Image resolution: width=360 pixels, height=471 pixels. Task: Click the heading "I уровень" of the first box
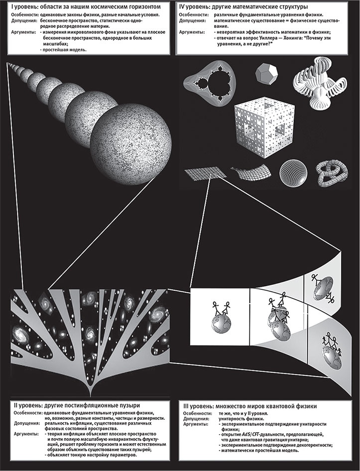[x=24, y=6]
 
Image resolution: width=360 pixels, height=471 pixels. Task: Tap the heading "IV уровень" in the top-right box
[x=194, y=6]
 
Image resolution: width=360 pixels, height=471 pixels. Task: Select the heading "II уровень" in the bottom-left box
[x=26, y=406]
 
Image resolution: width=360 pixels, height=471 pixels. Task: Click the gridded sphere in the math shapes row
[x=294, y=171]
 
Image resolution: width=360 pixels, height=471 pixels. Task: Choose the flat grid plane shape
[x=205, y=174]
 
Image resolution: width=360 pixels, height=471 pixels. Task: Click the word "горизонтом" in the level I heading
[x=144, y=6]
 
